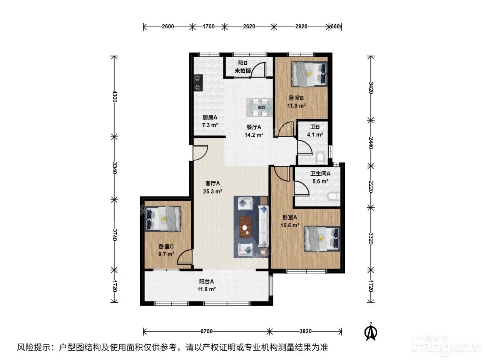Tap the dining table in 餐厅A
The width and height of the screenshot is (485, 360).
(259, 107)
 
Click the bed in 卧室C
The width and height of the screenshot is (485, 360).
(163, 219)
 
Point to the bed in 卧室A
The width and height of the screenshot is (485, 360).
(322, 238)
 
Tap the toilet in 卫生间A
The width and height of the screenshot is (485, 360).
(334, 196)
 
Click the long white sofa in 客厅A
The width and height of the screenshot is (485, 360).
(263, 226)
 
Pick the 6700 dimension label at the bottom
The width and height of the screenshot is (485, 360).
(206, 332)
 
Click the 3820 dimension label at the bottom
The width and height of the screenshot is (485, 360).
(306, 332)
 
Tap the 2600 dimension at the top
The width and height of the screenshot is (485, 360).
(168, 27)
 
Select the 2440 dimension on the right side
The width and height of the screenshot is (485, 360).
(371, 143)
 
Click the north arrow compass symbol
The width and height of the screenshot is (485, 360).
(370, 331)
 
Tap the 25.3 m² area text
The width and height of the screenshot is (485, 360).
(212, 192)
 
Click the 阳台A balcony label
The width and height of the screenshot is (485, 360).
(206, 282)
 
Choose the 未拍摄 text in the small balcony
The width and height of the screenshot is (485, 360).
(243, 71)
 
